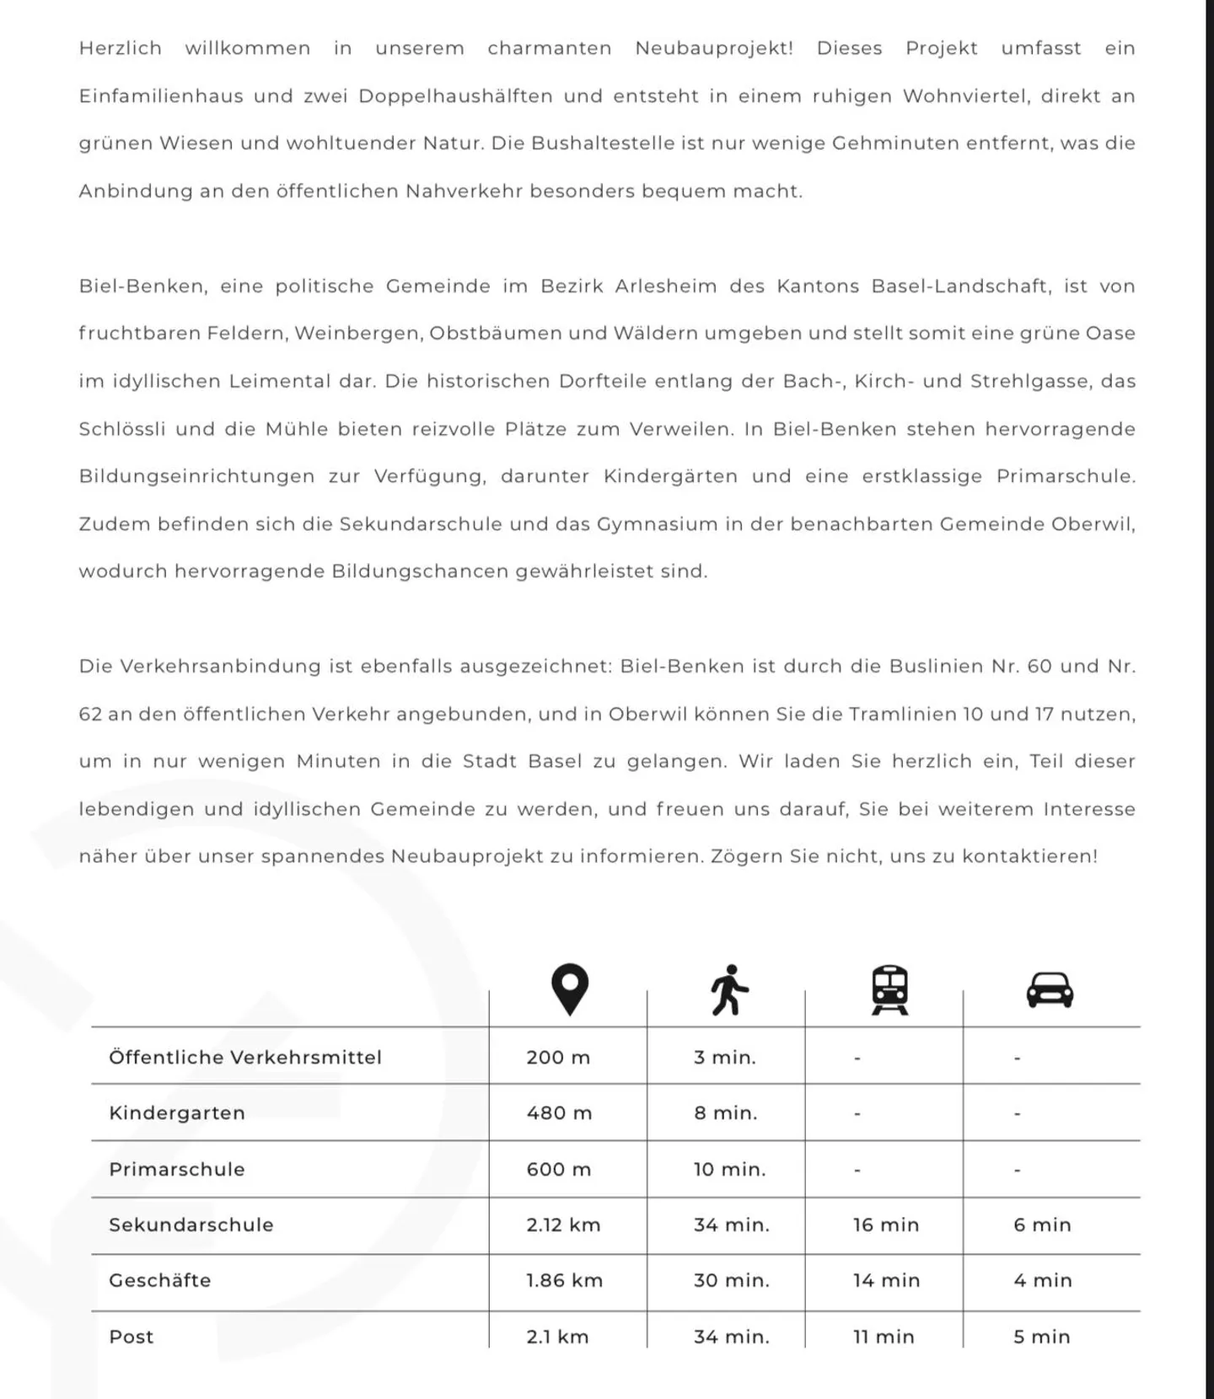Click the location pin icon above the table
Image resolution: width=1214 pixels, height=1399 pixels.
pos(569,989)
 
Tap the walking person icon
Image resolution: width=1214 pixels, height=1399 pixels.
pos(729,989)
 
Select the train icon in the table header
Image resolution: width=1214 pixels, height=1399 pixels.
pos(889,989)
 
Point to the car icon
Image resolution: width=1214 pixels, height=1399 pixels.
pos(1050,989)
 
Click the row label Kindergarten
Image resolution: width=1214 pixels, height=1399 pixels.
pos(177,1112)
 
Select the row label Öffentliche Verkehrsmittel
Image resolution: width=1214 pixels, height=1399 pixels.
pos(245,1057)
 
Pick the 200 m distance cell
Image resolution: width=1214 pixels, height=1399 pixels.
pos(558,1057)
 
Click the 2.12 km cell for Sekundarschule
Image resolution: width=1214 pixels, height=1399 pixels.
pos(563,1225)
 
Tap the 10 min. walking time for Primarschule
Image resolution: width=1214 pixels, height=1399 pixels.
pos(729,1169)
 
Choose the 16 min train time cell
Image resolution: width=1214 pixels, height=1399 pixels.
pos(885,1225)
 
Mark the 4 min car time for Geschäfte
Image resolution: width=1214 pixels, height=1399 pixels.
pos(1042,1280)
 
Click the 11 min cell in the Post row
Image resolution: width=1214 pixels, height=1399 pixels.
pos(883,1337)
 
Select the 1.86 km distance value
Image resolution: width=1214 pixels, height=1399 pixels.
pos(564,1280)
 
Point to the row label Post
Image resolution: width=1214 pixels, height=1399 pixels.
pos(132,1337)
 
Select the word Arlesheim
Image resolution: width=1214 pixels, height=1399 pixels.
pos(665,287)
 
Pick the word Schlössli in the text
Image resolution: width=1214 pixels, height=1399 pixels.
pos(122,429)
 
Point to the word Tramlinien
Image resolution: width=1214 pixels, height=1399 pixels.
pos(901,714)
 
